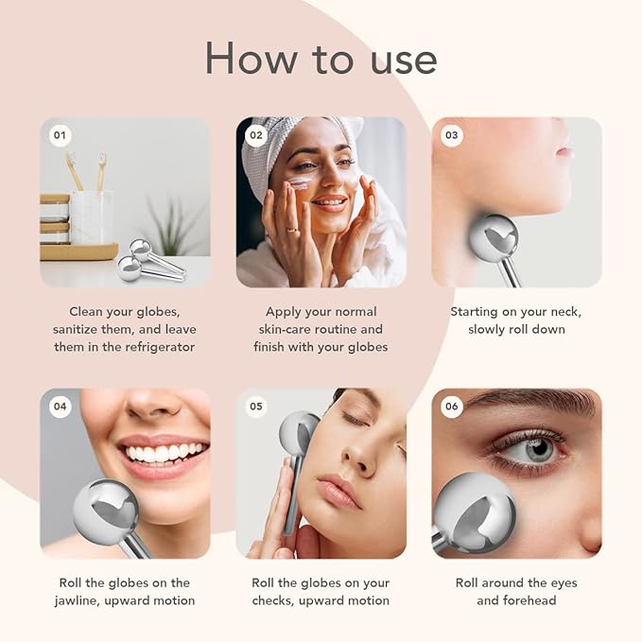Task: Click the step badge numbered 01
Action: [x=60, y=135]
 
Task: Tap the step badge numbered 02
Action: [x=255, y=135]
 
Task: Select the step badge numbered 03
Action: [x=451, y=135]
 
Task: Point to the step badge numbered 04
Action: [x=60, y=407]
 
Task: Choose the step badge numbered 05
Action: [x=255, y=407]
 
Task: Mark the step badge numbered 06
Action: [x=451, y=407]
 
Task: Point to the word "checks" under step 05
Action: [x=275, y=600]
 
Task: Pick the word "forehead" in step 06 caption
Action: [x=529, y=600]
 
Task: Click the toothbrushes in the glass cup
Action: [x=86, y=175]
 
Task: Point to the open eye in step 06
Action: [x=533, y=448]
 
